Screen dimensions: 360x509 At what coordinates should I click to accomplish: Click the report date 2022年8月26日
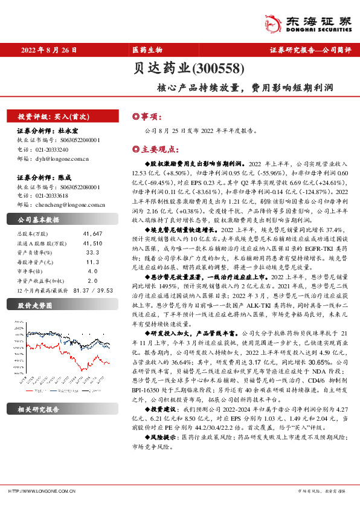click(x=49, y=50)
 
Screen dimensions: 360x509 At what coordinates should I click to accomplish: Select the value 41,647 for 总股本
click(x=92, y=233)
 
